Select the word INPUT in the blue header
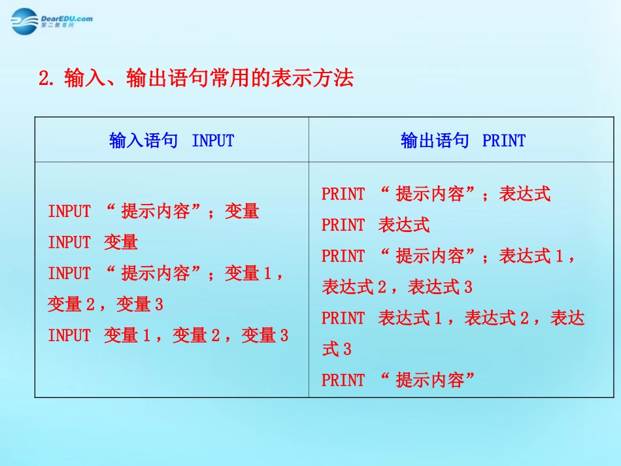212,141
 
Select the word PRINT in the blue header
503,141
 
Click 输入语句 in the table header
143,141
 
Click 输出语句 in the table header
435,141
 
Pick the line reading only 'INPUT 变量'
93,242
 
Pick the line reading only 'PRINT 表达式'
375,225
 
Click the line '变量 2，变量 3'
105,305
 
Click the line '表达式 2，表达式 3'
397,287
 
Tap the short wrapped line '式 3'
336,350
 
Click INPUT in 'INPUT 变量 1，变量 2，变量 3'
69,336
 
